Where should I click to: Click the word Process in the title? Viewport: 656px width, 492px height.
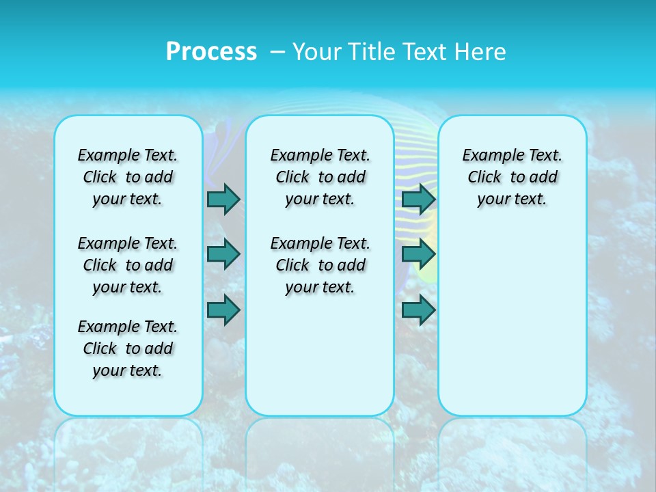point(211,51)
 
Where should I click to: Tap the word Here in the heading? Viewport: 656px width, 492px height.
point(482,51)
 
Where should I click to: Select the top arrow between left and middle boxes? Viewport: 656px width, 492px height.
point(223,199)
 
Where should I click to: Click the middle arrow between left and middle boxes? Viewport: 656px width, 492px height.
point(223,254)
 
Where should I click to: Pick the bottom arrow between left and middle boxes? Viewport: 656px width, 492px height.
point(223,310)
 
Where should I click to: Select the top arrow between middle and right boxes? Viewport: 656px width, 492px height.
point(418,199)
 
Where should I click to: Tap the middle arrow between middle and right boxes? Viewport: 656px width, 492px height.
point(418,254)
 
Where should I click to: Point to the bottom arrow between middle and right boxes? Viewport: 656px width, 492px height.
point(418,310)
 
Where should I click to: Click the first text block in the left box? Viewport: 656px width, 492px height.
point(128,177)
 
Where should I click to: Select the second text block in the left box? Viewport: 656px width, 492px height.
point(128,265)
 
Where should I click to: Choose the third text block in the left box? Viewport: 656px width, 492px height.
point(128,348)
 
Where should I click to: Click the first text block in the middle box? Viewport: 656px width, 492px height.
point(320,177)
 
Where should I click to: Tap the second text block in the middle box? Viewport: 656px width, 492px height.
point(320,265)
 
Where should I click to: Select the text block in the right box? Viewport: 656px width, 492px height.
point(512,177)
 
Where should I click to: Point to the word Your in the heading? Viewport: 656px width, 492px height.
point(316,51)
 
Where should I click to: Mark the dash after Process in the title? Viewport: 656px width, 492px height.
point(277,52)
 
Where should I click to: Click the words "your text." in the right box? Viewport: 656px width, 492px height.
point(512,200)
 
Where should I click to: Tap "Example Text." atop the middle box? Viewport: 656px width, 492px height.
point(320,155)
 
